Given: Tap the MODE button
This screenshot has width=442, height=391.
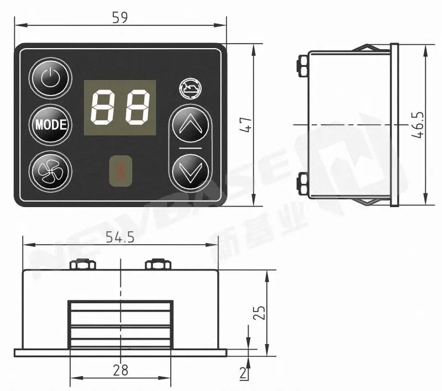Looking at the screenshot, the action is [x=50, y=125].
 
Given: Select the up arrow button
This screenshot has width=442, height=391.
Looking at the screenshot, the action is [x=191, y=126].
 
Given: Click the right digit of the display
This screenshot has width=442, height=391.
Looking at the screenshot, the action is [x=136, y=108].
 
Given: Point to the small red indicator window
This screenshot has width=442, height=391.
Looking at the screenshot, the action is [x=120, y=171].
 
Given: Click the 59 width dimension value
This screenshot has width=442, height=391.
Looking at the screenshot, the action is [x=120, y=18].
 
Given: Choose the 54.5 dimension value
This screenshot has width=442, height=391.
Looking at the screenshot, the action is [x=120, y=237].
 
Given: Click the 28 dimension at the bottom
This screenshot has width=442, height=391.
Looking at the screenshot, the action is [x=120, y=370].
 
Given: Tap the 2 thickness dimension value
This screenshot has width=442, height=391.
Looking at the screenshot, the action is [x=243, y=373].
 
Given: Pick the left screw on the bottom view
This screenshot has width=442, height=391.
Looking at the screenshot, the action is [x=81, y=265].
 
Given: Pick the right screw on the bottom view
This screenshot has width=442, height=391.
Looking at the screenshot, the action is [x=156, y=265].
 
